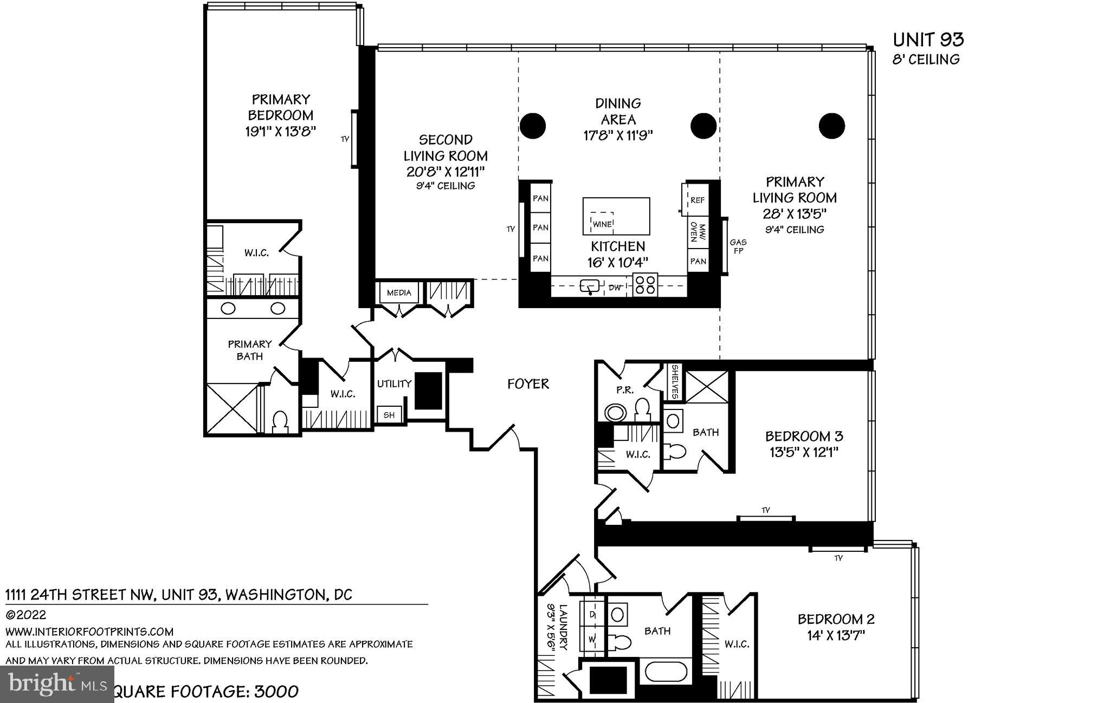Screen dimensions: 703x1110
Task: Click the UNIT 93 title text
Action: click(x=928, y=40)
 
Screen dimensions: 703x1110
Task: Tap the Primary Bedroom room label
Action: click(x=280, y=107)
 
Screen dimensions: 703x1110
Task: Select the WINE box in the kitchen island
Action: click(x=602, y=223)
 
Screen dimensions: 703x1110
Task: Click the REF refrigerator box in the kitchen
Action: click(x=697, y=200)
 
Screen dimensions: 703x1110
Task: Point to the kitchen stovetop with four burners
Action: click(x=645, y=285)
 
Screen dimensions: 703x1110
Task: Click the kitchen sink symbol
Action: click(x=589, y=285)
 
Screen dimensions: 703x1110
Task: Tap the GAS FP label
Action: click(x=738, y=246)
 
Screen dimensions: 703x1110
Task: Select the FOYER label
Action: click(x=528, y=384)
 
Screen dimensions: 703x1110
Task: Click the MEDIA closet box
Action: click(x=399, y=293)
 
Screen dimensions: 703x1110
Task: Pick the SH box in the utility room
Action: click(x=389, y=415)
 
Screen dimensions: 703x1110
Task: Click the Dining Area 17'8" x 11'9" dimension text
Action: click(x=618, y=135)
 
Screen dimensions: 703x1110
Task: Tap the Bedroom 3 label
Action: click(x=804, y=436)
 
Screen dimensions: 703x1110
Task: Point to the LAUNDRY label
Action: click(x=563, y=627)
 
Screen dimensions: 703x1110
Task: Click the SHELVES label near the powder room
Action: click(x=675, y=382)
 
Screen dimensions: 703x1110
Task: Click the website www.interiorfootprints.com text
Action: click(x=89, y=632)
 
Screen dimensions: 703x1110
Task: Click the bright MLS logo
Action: click(x=57, y=684)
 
